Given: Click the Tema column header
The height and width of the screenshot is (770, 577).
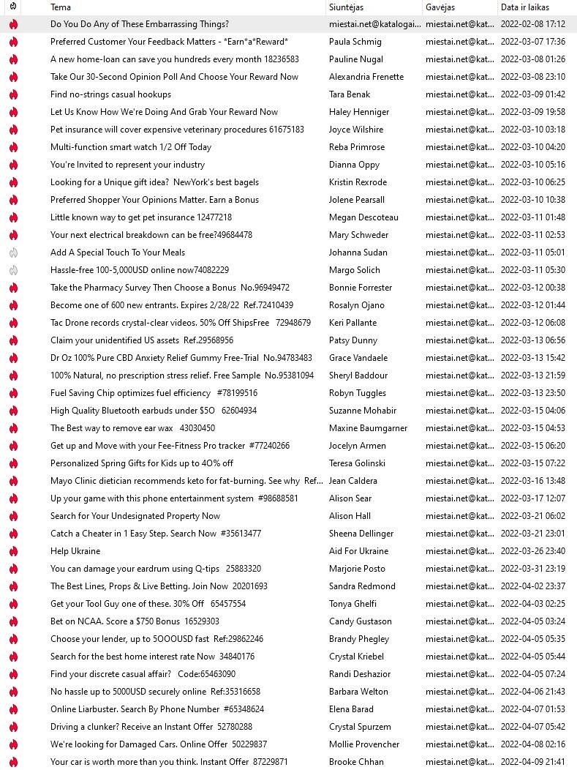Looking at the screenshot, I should tap(61, 7).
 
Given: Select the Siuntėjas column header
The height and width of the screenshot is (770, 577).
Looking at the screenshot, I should tap(347, 7).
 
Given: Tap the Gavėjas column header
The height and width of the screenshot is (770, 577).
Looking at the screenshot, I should tap(440, 7).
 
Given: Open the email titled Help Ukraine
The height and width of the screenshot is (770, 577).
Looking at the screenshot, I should tap(75, 551).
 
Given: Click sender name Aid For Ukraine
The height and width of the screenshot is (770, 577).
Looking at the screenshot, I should tap(358, 551).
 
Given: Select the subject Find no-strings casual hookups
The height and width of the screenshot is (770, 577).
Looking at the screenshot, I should tap(110, 94).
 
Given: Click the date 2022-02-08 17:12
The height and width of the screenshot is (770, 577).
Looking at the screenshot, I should tap(532, 24).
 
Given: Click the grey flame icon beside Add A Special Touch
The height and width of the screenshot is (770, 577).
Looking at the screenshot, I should tap(12, 253).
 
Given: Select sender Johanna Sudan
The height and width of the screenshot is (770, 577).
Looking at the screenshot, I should tap(358, 253).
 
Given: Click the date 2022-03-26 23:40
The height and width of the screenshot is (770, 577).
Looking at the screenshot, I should tap(532, 551).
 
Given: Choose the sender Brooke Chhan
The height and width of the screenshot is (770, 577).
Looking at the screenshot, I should tap(356, 762).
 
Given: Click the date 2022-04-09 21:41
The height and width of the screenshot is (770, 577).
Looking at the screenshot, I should tap(532, 762).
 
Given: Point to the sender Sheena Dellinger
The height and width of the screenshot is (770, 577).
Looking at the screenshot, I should tap(361, 534).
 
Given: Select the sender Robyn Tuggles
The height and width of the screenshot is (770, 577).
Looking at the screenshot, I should tap(358, 393).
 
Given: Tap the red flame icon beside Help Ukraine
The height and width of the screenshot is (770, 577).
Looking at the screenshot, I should tap(12, 551).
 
